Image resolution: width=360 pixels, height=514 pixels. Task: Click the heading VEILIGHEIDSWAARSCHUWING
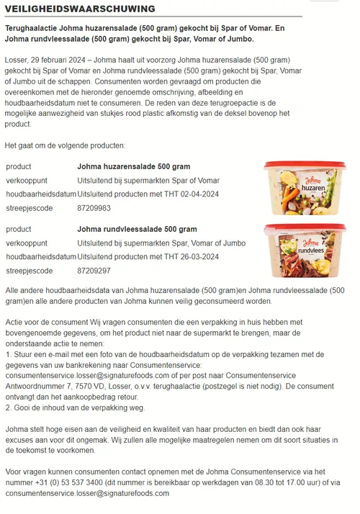[80, 9]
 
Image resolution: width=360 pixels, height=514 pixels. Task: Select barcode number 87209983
[94, 208]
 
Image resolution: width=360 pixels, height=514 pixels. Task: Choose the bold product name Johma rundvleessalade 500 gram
[137, 229]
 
